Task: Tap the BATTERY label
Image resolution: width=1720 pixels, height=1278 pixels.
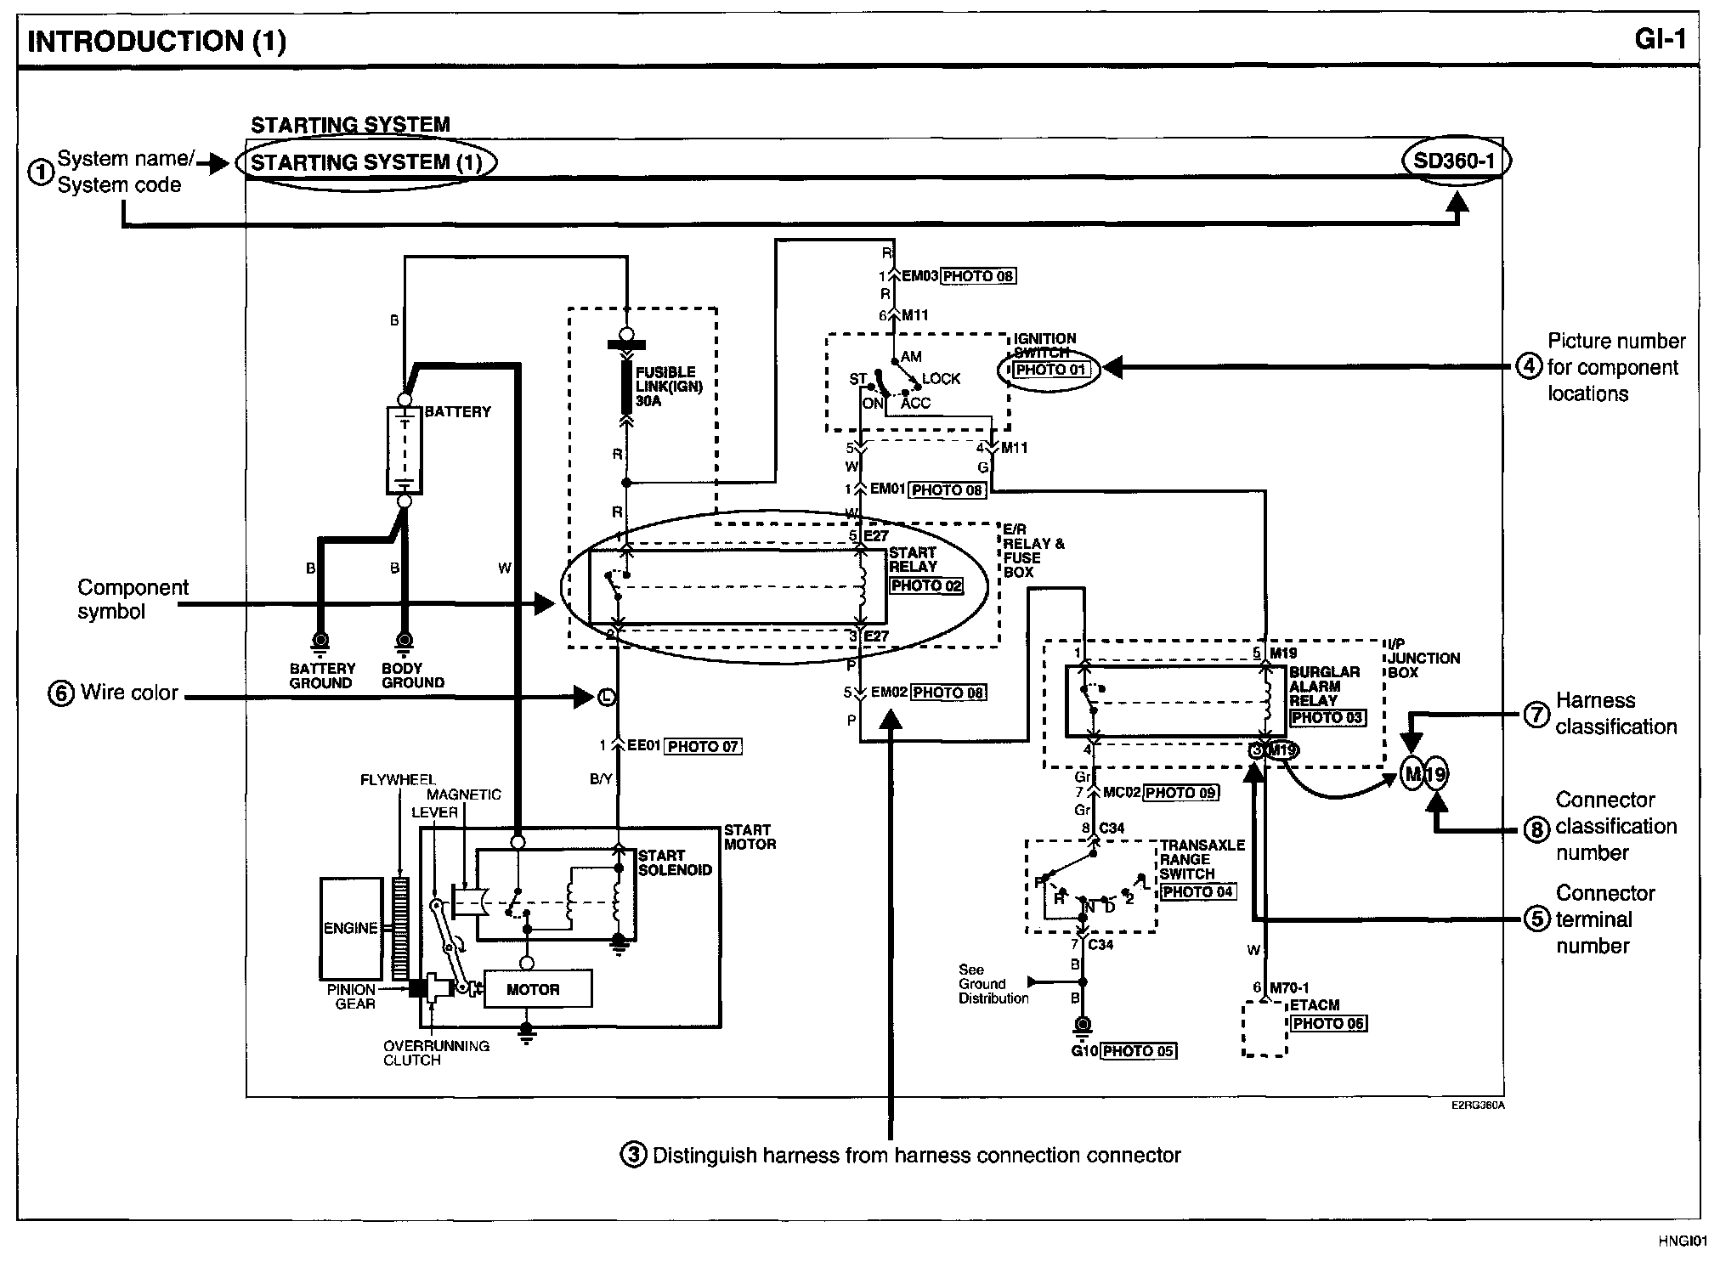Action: point(458,412)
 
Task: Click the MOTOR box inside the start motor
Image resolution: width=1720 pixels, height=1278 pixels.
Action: point(534,990)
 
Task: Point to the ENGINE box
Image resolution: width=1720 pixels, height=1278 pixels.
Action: point(350,928)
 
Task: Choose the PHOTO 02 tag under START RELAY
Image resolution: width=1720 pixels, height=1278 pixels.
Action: point(926,585)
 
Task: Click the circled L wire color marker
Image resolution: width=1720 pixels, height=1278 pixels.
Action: point(606,698)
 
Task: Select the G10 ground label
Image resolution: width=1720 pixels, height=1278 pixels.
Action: point(1085,1052)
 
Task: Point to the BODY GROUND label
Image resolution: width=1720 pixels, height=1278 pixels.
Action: point(413,676)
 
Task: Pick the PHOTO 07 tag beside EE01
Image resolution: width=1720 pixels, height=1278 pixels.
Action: point(703,747)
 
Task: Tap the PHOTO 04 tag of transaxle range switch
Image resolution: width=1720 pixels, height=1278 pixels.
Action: point(1198,892)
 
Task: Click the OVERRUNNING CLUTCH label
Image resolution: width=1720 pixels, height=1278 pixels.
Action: point(436,1053)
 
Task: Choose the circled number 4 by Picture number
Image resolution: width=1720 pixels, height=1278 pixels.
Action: point(1528,367)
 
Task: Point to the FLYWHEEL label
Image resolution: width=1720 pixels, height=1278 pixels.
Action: point(397,779)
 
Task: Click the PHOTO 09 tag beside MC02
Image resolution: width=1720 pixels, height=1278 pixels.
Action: point(1181,793)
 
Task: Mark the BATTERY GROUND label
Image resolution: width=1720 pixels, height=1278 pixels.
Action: point(321,676)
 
